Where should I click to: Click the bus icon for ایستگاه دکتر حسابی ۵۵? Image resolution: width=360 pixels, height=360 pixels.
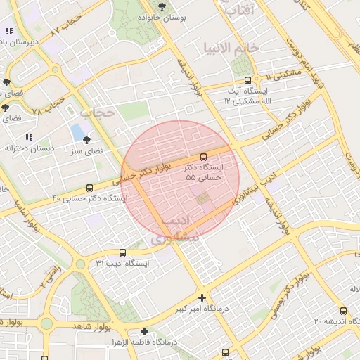coord(204,156)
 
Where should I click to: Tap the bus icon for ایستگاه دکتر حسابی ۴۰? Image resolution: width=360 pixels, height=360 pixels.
coord(89,188)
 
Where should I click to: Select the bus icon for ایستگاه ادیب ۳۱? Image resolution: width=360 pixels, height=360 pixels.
coord(123,252)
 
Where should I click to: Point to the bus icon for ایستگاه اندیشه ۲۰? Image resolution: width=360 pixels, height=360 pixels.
coord(343,311)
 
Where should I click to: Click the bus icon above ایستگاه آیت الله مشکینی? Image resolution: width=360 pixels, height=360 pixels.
coord(247,80)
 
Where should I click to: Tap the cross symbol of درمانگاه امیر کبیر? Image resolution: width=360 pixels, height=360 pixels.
coord(202,298)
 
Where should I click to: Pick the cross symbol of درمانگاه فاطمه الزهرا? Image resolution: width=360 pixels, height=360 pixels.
coord(144,331)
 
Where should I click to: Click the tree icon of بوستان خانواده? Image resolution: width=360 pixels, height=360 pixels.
coord(162,6)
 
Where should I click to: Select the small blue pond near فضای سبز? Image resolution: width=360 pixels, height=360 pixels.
coord(76,131)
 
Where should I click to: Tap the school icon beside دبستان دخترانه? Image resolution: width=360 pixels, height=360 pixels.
coord(29,137)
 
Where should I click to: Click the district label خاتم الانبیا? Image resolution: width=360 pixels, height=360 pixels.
coord(231,48)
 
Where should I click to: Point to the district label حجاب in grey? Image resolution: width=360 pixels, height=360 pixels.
coord(96,112)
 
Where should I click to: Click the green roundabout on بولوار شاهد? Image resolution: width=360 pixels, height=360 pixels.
coord(46,323)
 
